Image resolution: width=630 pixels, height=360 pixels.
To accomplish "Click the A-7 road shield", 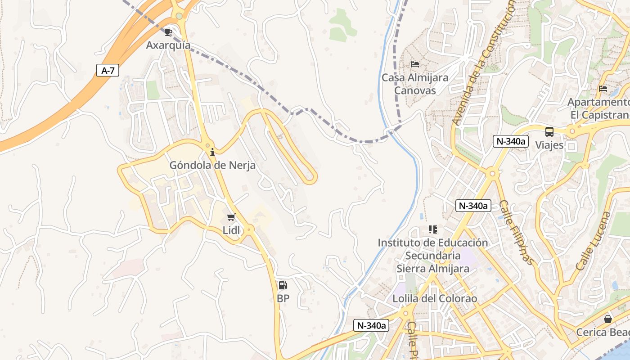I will click(108, 70).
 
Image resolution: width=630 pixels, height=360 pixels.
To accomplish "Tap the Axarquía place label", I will click(168, 45).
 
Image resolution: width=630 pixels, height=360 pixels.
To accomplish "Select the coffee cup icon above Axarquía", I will click(168, 32).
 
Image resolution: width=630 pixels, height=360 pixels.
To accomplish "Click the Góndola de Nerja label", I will click(212, 165).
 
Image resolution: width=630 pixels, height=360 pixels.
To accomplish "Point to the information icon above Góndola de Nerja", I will click(212, 153).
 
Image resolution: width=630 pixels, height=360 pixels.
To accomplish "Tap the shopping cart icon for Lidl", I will click(231, 217).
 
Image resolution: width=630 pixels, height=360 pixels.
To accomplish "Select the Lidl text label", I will click(231, 230).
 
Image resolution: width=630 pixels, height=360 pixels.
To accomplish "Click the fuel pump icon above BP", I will click(283, 285).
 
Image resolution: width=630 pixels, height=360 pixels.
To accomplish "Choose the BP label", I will click(283, 298).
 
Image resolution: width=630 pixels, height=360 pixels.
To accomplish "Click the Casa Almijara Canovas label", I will click(415, 84).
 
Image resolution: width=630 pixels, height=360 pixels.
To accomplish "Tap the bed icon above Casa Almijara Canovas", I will click(415, 64).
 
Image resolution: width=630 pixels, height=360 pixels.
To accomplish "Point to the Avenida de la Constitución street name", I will click(483, 63).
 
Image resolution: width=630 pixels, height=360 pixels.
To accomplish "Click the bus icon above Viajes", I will click(549, 132).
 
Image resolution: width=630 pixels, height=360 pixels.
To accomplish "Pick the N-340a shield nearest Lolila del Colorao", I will click(371, 325).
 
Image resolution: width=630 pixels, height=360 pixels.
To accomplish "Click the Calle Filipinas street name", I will click(517, 232).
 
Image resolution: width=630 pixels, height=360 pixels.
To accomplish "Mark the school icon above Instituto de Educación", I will click(433, 229).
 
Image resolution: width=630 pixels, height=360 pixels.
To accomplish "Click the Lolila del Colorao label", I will click(428, 299).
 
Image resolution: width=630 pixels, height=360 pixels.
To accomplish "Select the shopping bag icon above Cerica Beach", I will click(608, 319).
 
